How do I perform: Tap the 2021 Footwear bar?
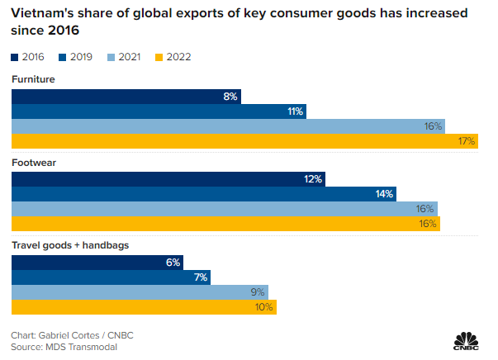tap(224, 209)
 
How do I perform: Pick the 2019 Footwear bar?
tap(203, 194)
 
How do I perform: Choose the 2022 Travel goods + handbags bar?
tap(144, 306)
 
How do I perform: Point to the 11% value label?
tap(295, 111)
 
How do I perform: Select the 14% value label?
tap(384, 194)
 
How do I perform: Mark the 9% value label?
tap(258, 291)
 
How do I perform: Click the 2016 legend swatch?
tap(17, 57)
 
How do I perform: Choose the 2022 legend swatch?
tap(157, 57)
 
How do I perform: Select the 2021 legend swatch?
tap(110, 57)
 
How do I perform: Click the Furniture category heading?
tap(34, 79)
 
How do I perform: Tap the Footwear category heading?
tap(33, 162)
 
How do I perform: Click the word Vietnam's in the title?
tap(40, 13)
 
